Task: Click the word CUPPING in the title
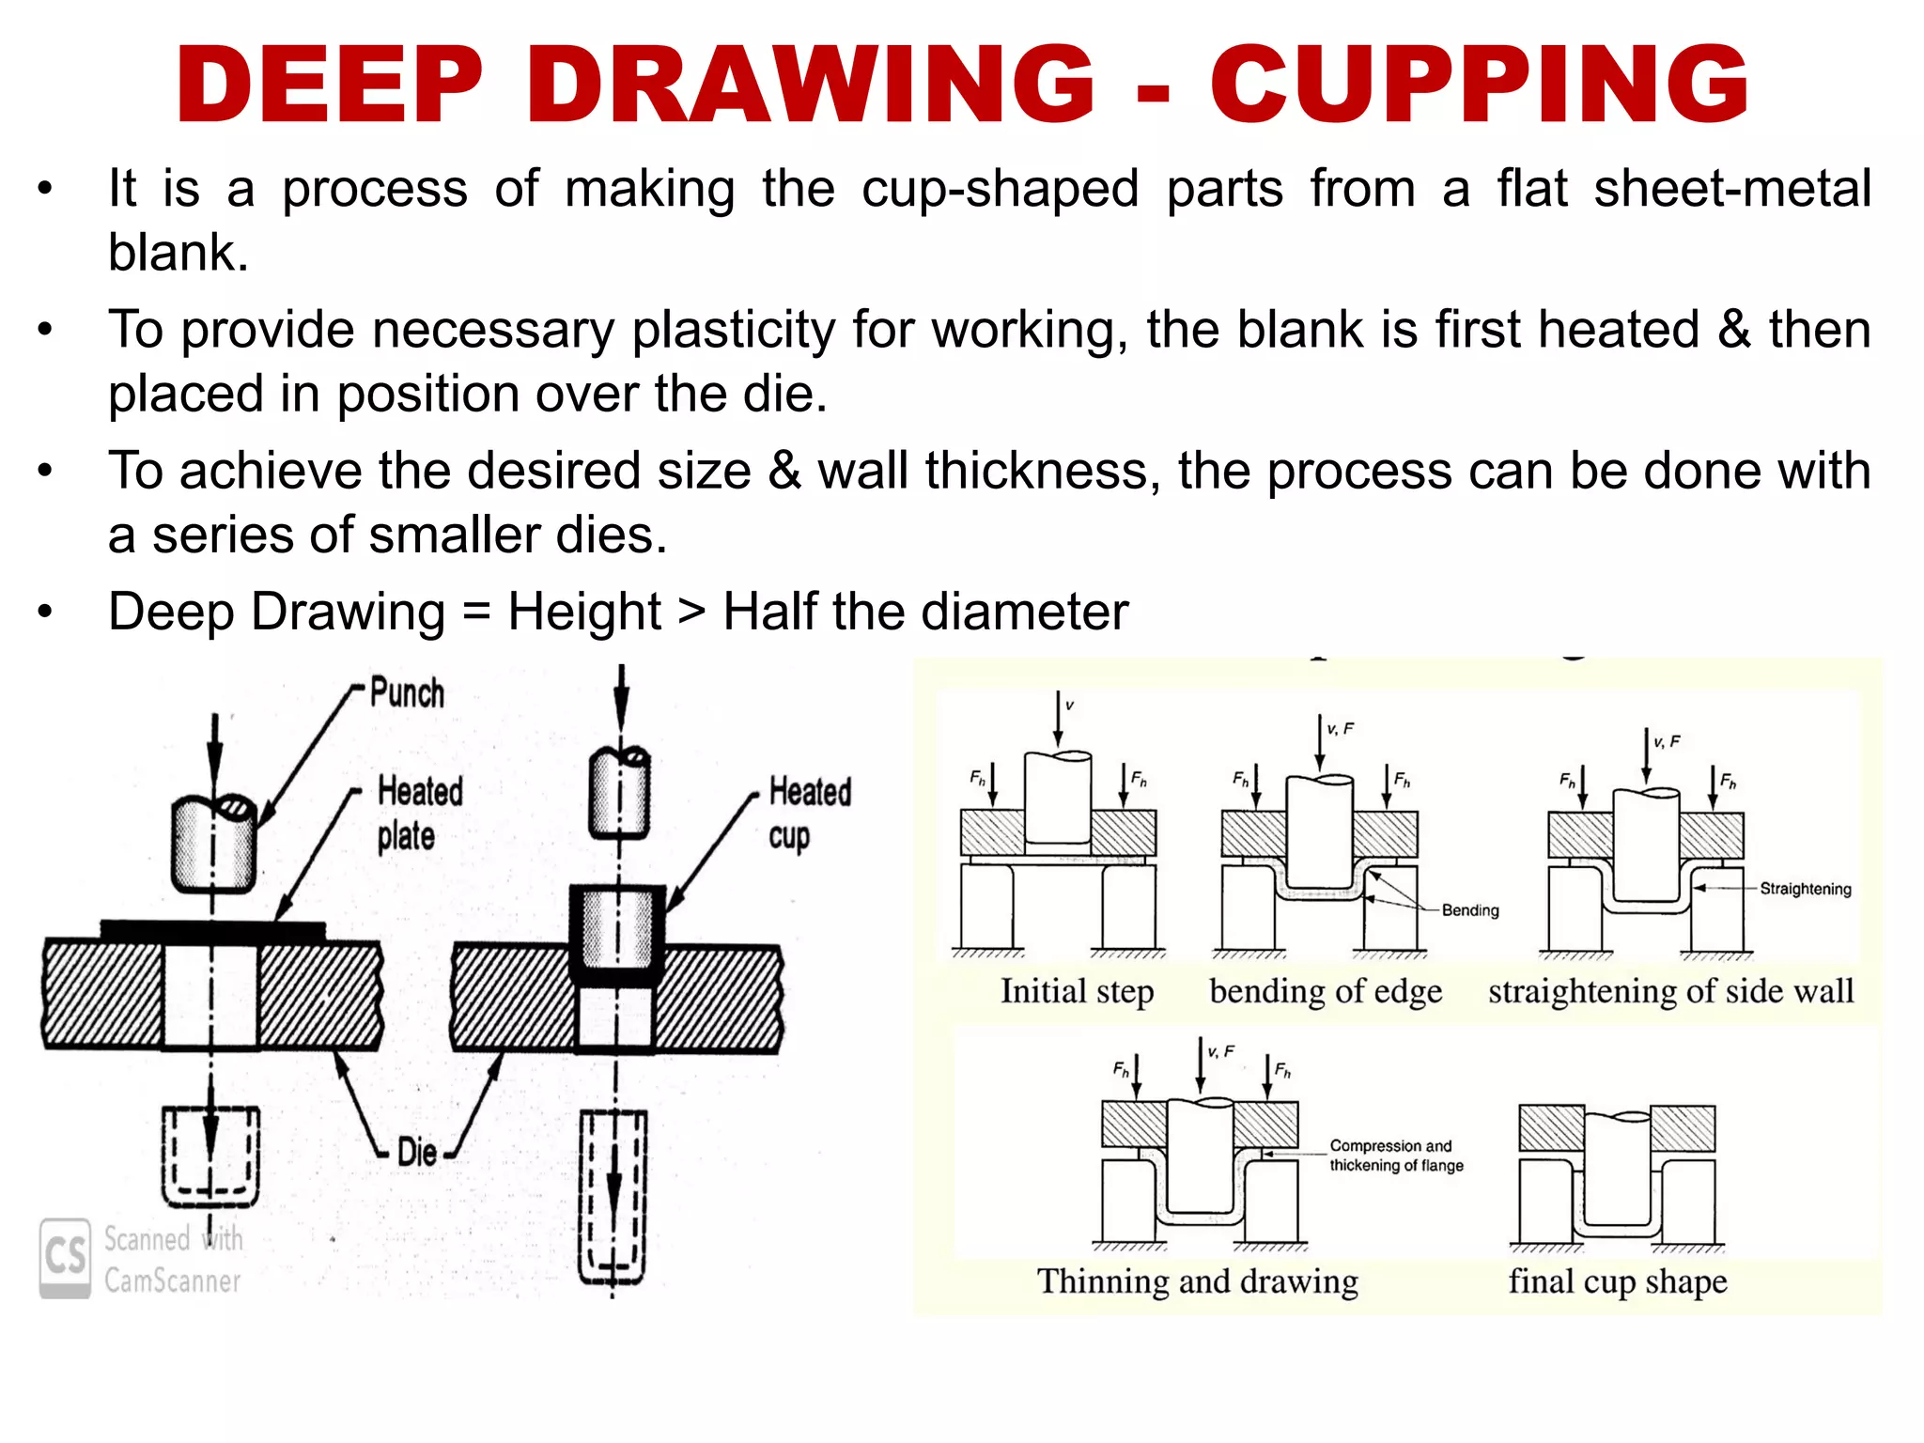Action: [x=1479, y=85]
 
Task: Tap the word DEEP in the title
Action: [x=330, y=85]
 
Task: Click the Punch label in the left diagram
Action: [x=407, y=692]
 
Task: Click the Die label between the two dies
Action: [x=416, y=1152]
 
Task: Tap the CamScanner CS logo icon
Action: [x=65, y=1257]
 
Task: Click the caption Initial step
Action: [x=1077, y=991]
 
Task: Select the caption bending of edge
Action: [x=1325, y=991]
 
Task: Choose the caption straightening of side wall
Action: [x=1670, y=991]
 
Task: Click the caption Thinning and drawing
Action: [x=1197, y=1281]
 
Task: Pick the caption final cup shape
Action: [x=1617, y=1281]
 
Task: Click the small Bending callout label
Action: [x=1470, y=910]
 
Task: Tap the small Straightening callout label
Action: [x=1805, y=889]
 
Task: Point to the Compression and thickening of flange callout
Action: [x=1395, y=1156]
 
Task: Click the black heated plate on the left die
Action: [x=213, y=930]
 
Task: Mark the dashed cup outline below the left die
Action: [x=210, y=1156]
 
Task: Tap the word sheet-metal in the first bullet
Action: [x=1731, y=189]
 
